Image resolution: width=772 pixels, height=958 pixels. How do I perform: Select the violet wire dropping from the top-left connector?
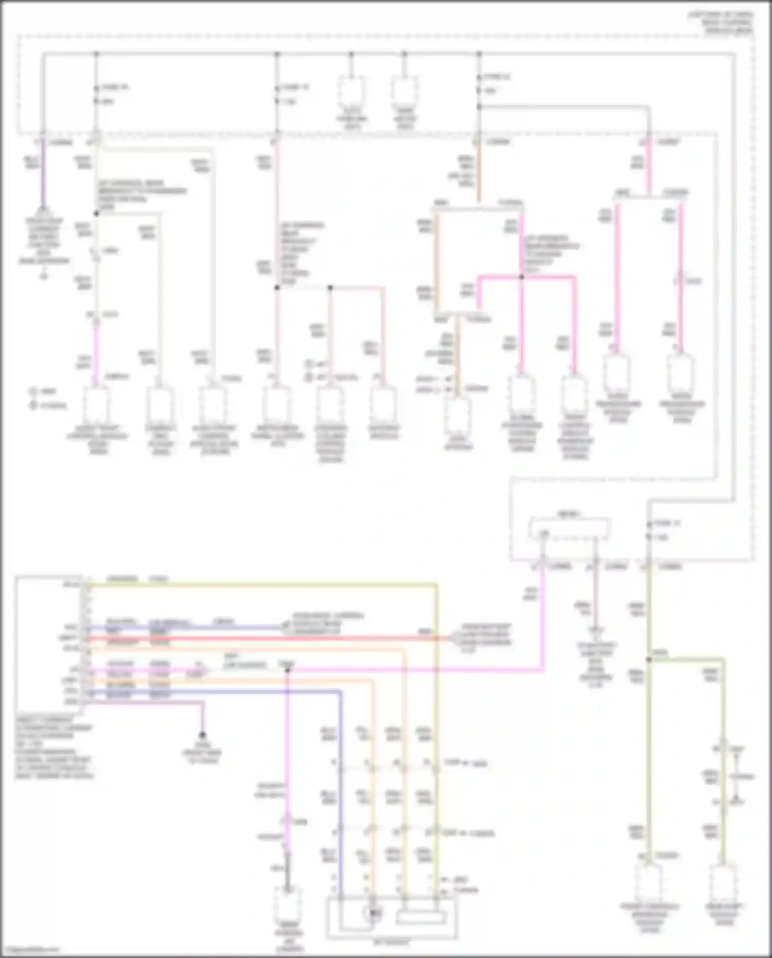[42, 175]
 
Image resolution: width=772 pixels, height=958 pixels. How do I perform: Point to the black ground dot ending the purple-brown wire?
[203, 735]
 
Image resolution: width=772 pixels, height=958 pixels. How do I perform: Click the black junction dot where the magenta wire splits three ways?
[521, 277]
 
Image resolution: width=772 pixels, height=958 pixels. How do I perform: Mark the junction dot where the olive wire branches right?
[649, 659]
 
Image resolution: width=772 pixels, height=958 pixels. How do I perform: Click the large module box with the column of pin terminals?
[49, 646]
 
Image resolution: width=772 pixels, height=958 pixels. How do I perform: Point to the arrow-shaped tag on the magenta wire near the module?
[197, 672]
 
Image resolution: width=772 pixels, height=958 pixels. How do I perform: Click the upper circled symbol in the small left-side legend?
[33, 392]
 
